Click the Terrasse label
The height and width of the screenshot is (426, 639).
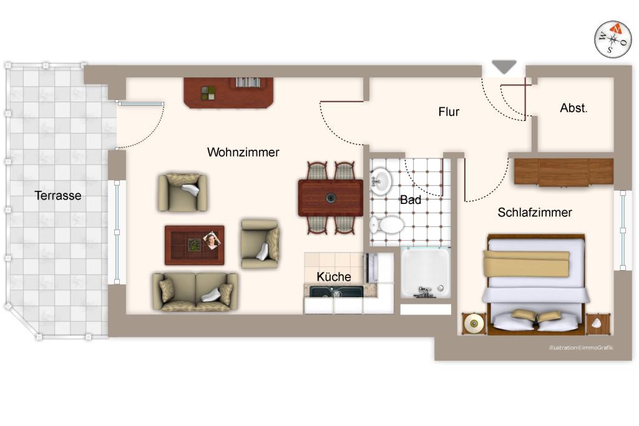pos(58,195)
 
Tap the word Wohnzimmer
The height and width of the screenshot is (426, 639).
pos(243,152)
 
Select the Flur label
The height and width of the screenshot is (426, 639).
pos(449,112)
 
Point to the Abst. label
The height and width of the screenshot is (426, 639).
pos(573,108)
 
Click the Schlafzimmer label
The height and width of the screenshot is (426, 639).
pos(535,213)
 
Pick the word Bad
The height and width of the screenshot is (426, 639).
pos(411,200)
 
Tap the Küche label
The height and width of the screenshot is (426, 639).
pos(334,276)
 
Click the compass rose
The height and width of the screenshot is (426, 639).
pos(613,39)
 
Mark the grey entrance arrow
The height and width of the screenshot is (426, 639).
pos(504,67)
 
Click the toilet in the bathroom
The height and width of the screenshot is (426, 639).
pos(387,225)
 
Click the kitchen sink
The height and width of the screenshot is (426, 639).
pos(337,291)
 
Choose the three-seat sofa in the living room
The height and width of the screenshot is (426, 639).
pos(195,291)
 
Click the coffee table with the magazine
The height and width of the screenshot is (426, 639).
pos(194,244)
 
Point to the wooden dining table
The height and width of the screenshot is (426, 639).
pos(331,198)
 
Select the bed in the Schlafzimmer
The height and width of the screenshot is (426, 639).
pos(536,284)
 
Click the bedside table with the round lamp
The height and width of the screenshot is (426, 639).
pos(474,323)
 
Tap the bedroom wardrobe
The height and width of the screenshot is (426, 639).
pos(563,172)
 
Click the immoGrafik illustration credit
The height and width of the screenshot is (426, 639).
pos(580,347)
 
